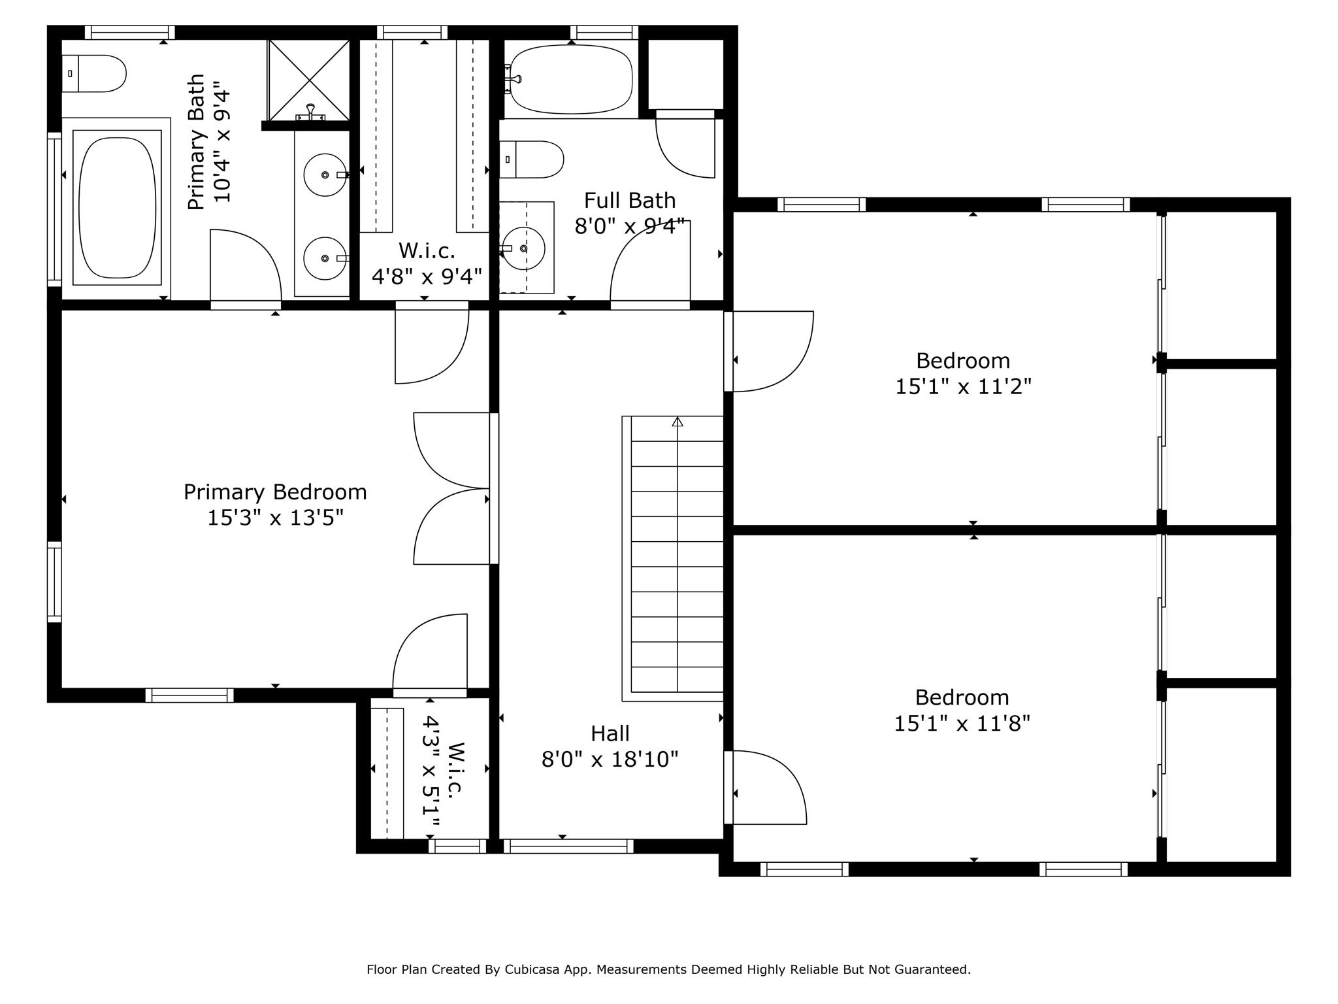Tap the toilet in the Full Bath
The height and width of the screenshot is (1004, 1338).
531,159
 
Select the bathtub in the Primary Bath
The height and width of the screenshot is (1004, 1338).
117,208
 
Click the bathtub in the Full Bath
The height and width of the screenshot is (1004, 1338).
571,80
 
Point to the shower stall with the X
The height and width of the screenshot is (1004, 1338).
308,80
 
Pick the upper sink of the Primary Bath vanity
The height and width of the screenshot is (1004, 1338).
325,175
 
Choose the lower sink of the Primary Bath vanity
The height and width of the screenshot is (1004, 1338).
325,258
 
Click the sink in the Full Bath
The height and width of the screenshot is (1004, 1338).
523,248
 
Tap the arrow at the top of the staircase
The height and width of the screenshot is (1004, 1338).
677,422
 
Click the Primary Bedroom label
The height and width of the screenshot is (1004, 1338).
275,492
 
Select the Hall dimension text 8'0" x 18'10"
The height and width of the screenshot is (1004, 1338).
610,760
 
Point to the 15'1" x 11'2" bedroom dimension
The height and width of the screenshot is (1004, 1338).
963,386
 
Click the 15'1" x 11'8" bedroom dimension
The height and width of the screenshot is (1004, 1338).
962,724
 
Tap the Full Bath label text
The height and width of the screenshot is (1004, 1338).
630,200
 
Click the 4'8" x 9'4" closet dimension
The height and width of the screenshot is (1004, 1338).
427,276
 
